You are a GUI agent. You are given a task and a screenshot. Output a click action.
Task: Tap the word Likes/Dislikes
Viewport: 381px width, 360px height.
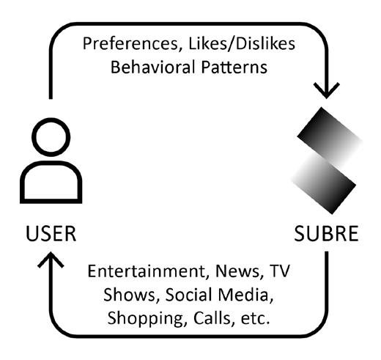point(242,43)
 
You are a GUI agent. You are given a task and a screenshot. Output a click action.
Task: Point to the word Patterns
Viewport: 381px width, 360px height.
point(234,67)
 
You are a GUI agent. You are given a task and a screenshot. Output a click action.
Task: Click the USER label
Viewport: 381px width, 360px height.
point(51,234)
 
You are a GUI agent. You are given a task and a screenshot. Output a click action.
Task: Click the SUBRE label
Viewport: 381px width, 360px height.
point(326,234)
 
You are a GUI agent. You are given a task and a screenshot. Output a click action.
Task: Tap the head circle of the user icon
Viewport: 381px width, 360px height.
point(51,137)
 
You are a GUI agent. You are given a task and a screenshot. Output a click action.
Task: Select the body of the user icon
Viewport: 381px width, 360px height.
point(51,182)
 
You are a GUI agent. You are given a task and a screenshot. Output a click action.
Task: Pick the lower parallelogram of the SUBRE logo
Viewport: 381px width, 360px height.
point(323,184)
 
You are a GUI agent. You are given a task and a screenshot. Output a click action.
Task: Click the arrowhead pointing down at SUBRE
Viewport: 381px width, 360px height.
point(326,91)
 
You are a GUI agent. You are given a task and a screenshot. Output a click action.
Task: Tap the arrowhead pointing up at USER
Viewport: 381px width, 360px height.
point(51,260)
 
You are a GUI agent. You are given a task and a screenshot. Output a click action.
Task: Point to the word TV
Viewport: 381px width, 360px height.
point(279,271)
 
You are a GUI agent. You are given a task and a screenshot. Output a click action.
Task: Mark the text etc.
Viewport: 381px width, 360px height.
point(256,319)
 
